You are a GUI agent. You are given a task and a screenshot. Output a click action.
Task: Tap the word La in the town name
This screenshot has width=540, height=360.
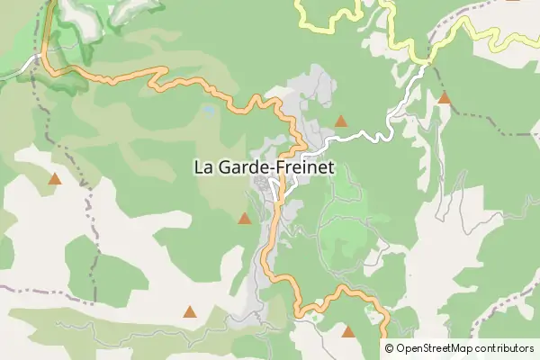pos(203,166)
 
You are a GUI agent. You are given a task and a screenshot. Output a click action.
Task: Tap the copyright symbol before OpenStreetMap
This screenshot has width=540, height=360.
pos(389,348)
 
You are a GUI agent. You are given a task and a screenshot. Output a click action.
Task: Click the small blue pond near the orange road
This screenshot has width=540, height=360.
pos(208,110)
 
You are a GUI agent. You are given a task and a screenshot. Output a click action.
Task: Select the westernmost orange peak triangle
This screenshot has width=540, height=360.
pos(55,179)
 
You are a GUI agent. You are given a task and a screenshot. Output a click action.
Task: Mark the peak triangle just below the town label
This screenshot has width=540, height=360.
pos(244,218)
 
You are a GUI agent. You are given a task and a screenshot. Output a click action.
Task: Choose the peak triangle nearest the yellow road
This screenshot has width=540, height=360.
pos(444,97)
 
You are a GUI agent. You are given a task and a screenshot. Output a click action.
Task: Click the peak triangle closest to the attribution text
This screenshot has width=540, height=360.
pos(348,331)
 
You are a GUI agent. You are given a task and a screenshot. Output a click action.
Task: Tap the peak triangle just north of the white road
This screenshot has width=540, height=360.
pos(340,121)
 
